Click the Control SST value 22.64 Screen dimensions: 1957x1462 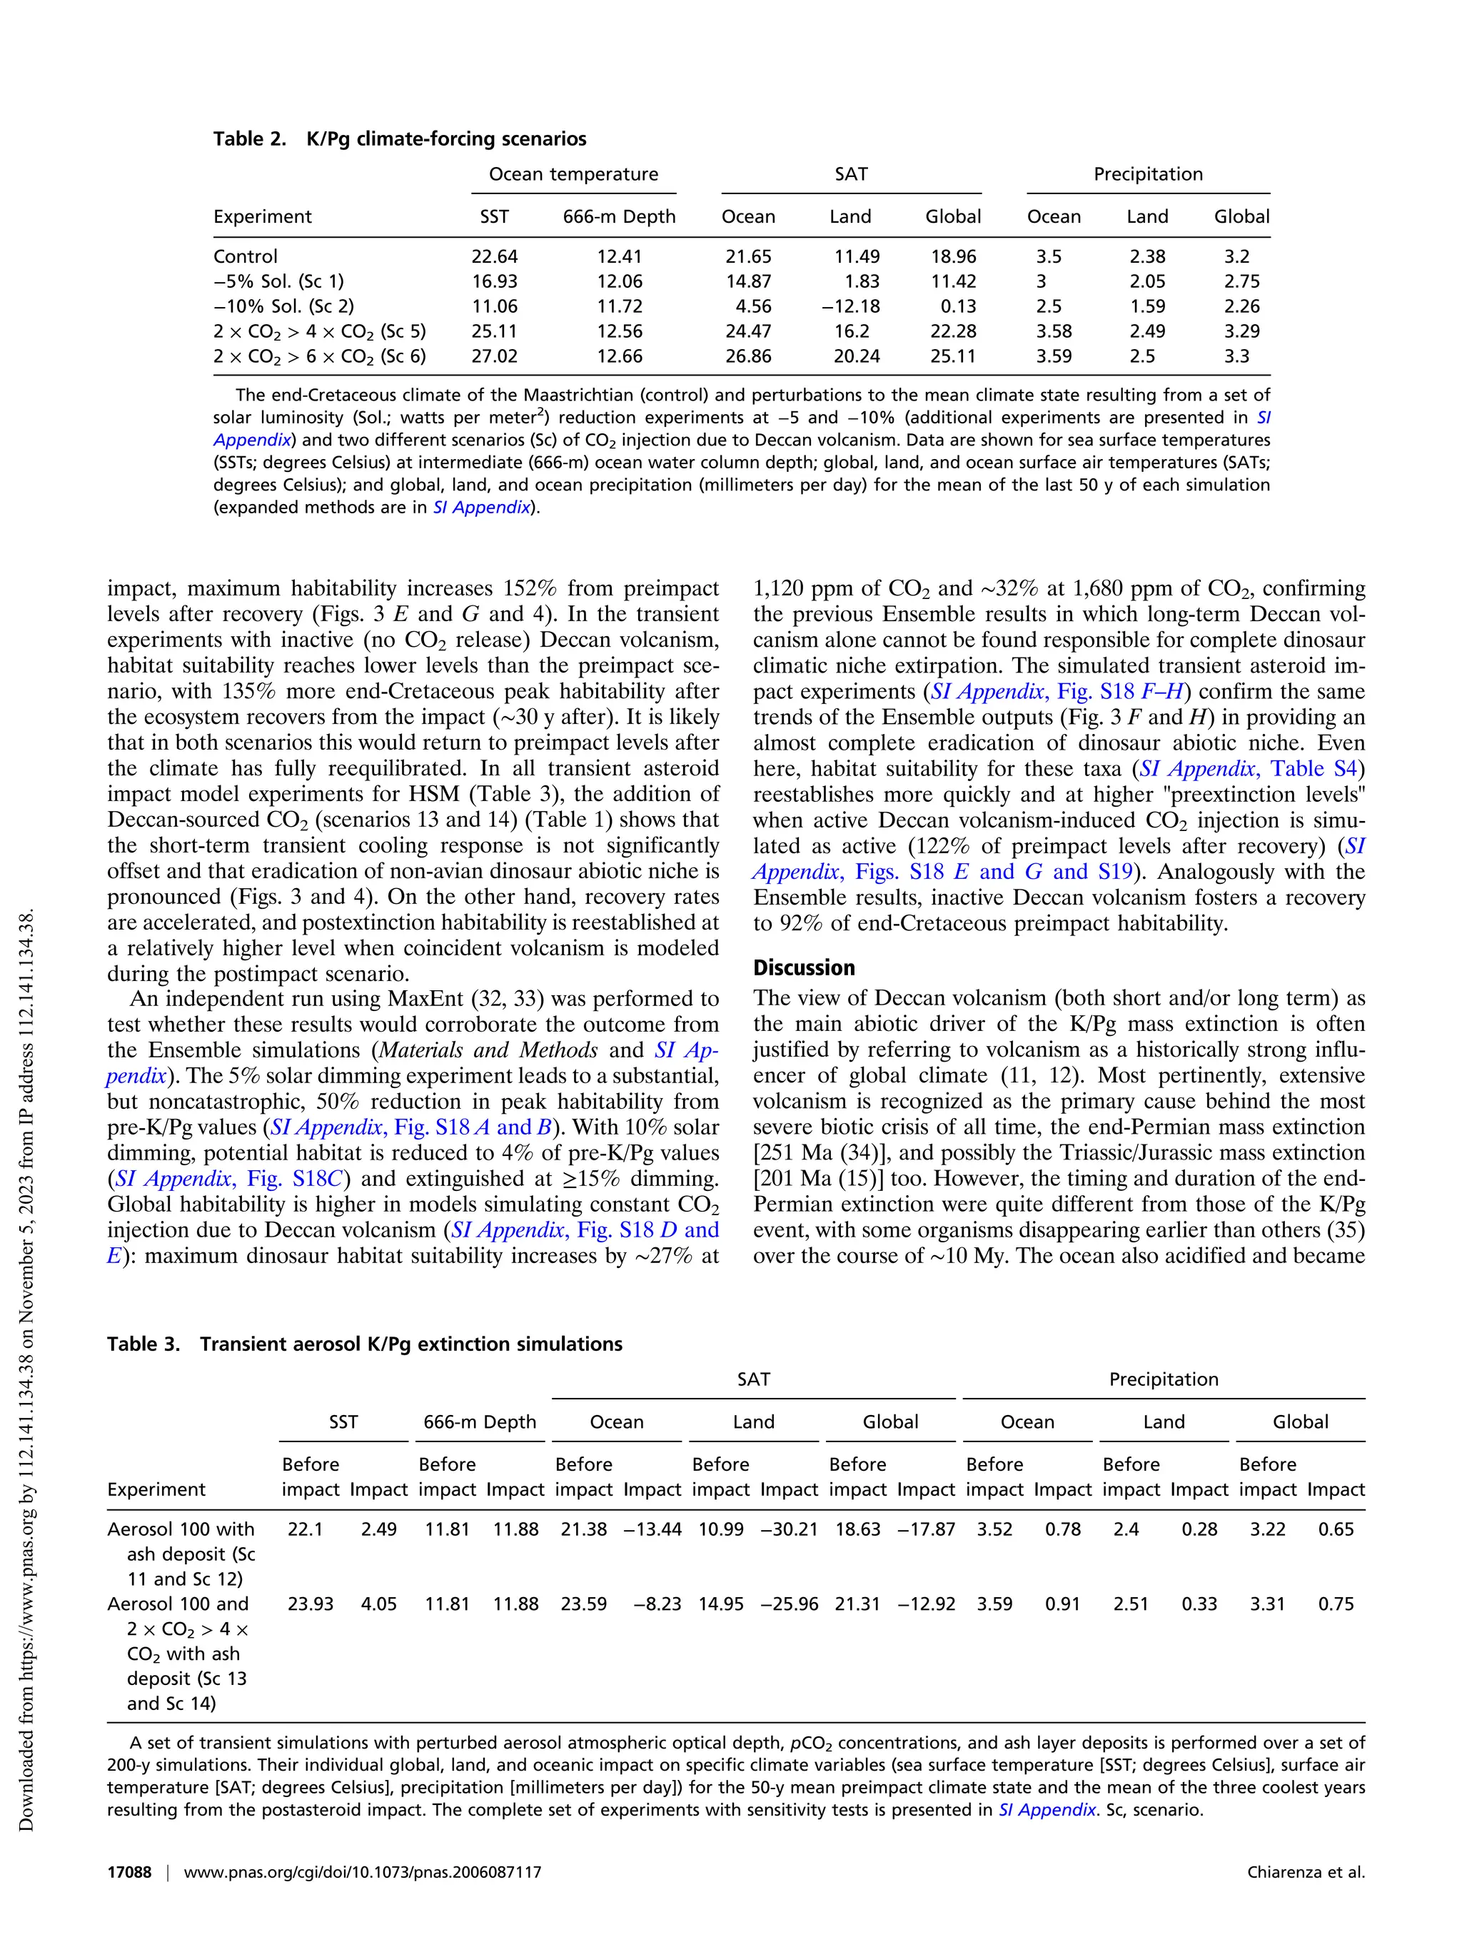coord(495,256)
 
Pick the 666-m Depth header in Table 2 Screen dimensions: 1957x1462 coord(619,217)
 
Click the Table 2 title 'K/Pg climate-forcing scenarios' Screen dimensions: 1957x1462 coord(445,139)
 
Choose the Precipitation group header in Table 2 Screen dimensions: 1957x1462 coord(1147,174)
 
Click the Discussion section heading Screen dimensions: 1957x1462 coord(804,968)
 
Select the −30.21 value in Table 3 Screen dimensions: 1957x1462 coord(789,1529)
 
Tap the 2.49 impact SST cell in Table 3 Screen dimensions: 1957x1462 coord(378,1529)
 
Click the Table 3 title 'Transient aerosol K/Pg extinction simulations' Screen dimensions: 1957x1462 coord(410,1345)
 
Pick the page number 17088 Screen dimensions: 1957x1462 coord(129,1872)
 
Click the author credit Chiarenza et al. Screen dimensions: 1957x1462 coord(1306,1872)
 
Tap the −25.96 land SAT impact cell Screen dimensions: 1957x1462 coord(789,1604)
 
